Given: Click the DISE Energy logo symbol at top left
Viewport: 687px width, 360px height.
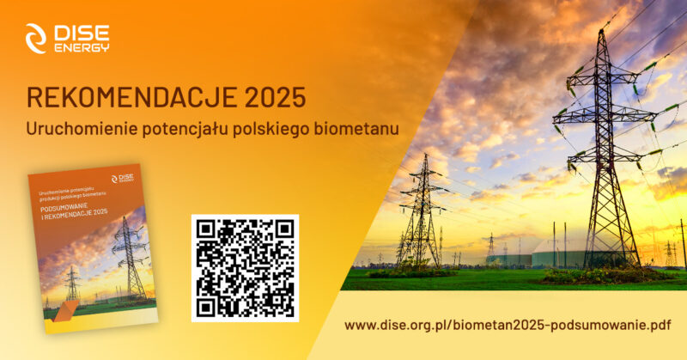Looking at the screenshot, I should coord(37,38).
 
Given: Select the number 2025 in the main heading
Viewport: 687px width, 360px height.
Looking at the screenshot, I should coord(272,98).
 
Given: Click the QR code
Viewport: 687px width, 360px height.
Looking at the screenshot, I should coord(245,268).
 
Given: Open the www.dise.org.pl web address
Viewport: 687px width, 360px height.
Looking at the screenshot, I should coord(506,326).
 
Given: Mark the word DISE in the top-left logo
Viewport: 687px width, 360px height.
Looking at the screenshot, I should coord(81,33).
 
